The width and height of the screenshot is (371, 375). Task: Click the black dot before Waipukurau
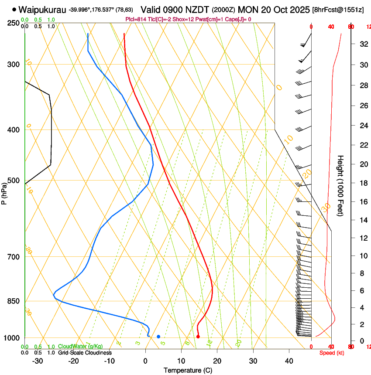(14, 9)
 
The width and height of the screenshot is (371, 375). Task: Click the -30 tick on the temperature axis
(38, 361)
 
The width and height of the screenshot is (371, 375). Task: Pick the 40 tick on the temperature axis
(289, 361)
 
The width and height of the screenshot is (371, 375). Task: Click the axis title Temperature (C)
(188, 370)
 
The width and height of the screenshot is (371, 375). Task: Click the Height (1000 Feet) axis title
(341, 186)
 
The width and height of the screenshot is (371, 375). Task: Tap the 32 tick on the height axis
(362, 44)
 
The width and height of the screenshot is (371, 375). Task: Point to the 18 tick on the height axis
(362, 183)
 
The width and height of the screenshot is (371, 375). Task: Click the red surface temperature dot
(198, 337)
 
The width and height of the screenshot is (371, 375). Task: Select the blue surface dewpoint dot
(158, 337)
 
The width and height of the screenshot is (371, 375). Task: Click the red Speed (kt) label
(331, 353)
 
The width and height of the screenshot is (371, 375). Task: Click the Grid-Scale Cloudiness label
(85, 353)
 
